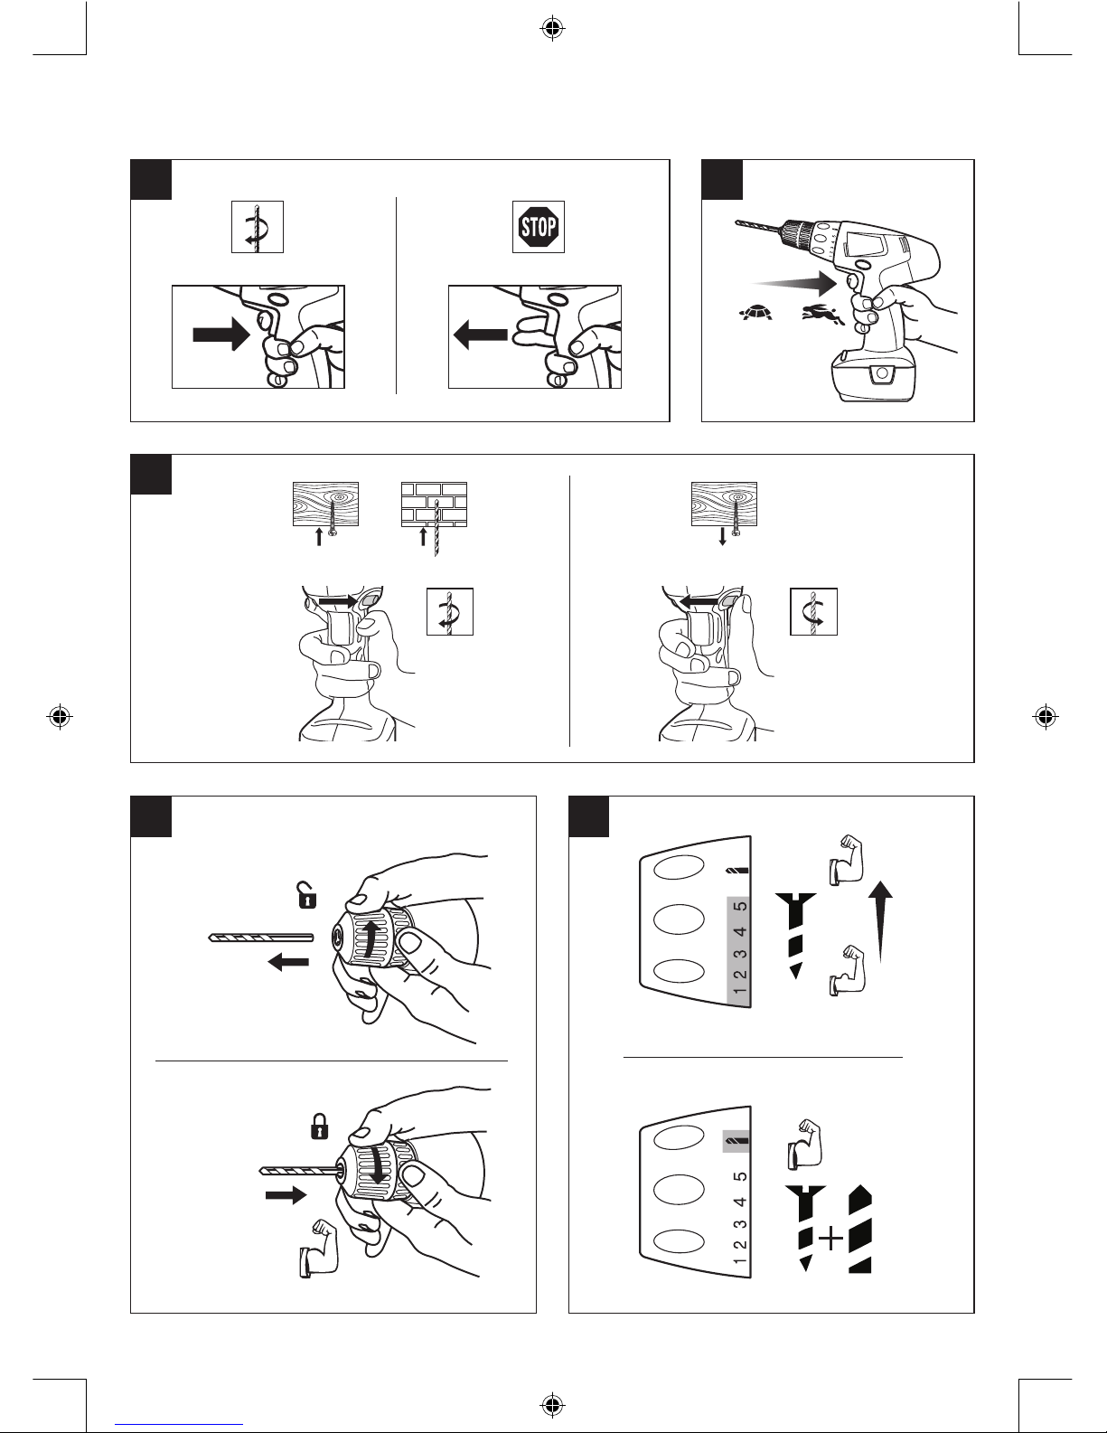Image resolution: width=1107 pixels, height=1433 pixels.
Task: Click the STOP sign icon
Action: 539,227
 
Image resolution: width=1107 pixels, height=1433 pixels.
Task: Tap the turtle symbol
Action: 755,312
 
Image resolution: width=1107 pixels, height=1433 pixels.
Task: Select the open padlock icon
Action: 306,895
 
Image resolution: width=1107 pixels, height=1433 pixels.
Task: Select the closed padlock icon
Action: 319,1127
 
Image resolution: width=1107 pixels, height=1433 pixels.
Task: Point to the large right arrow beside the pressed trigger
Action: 221,335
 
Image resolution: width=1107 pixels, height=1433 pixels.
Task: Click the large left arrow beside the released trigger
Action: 481,335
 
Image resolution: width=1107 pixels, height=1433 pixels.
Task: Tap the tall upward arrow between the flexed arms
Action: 880,922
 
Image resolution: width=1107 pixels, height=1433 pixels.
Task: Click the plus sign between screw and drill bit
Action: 830,1240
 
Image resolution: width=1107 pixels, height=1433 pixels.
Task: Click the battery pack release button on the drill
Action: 882,374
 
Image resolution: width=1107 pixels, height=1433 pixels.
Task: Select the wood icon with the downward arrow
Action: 724,514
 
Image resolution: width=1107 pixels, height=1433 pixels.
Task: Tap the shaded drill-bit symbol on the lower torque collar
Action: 736,1139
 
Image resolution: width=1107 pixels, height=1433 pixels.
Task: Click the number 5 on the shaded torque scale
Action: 741,907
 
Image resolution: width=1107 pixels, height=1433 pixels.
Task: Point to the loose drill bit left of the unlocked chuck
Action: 260,937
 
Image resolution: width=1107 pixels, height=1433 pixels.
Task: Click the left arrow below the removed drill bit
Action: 288,961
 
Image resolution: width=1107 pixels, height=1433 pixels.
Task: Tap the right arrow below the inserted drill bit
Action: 286,1195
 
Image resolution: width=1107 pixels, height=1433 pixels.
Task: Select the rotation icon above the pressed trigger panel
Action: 257,227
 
